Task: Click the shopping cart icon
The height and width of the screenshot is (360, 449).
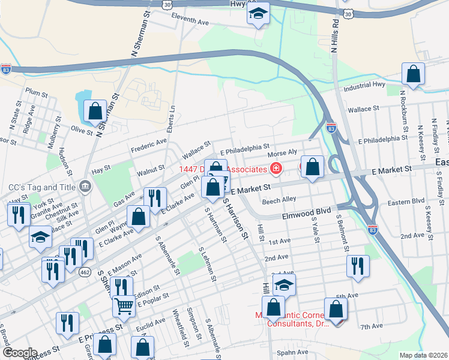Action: pyautogui.click(x=124, y=306)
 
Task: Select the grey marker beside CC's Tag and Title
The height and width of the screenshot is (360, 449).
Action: pyautogui.click(x=84, y=187)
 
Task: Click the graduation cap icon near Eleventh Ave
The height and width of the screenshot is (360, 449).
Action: pyautogui.click(x=258, y=14)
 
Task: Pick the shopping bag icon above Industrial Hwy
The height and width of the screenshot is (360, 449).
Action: pyautogui.click(x=414, y=74)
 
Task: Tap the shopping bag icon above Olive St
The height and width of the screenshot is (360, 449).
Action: pyautogui.click(x=95, y=111)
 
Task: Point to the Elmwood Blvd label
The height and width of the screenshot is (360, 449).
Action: pyautogui.click(x=307, y=212)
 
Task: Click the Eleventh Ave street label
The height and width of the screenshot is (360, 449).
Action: pyautogui.click(x=189, y=21)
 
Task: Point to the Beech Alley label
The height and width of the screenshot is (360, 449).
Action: pyautogui.click(x=279, y=200)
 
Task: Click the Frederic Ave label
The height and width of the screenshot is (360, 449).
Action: pyautogui.click(x=148, y=143)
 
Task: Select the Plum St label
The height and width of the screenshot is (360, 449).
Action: pyautogui.click(x=36, y=94)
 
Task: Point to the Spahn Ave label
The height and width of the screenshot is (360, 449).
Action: pyautogui.click(x=292, y=352)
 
